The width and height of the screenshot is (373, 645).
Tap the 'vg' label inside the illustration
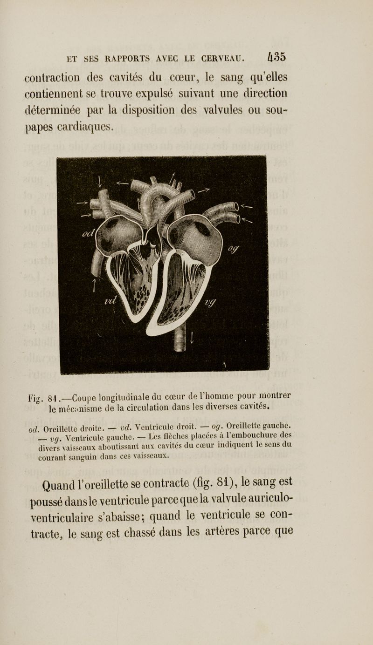click(x=211, y=304)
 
